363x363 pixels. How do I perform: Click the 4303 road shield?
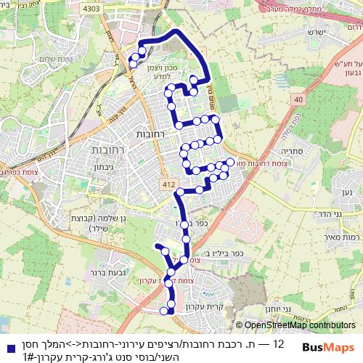93,8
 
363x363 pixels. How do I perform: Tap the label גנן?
348,192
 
